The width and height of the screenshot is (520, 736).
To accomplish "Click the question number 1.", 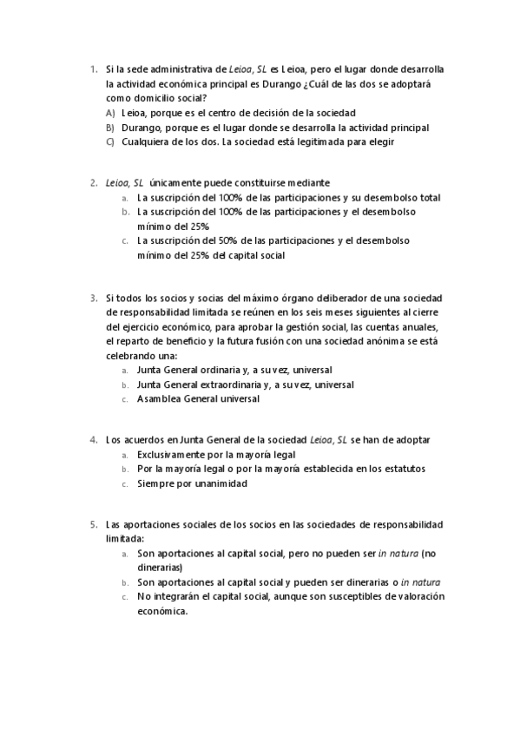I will click(92, 69).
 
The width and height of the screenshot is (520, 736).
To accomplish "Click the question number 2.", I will click(93, 183).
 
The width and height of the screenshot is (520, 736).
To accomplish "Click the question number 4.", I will click(93, 440).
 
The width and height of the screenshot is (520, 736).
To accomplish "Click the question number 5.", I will click(93, 525).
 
